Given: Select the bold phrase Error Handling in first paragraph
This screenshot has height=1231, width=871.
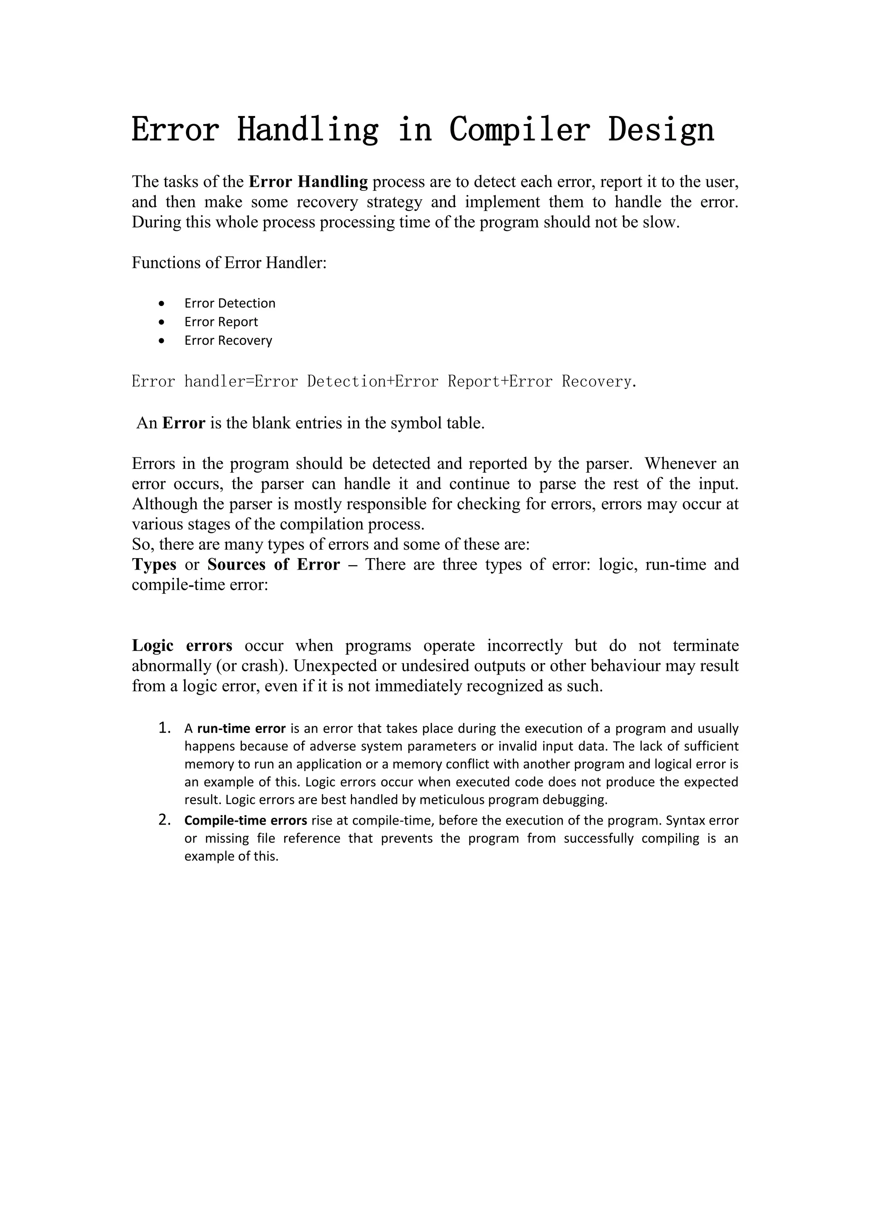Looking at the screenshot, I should point(308,182).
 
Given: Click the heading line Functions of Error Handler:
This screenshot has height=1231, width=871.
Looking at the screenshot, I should point(229,263).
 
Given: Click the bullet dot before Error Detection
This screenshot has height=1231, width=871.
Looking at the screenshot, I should point(162,304).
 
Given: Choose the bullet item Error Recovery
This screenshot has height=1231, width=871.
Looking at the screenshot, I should point(228,340).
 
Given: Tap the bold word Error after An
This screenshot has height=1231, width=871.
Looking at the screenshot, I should point(183,423).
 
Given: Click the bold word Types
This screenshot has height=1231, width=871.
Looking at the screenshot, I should point(154,564).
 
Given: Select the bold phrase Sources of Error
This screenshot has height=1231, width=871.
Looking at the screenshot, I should point(273,564).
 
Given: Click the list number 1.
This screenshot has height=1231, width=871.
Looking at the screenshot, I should point(164,728).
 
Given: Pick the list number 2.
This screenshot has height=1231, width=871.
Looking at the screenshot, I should point(164,820).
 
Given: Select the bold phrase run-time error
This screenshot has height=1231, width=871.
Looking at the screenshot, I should point(241,729).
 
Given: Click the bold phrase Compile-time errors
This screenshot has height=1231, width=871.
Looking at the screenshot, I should point(246,820).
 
